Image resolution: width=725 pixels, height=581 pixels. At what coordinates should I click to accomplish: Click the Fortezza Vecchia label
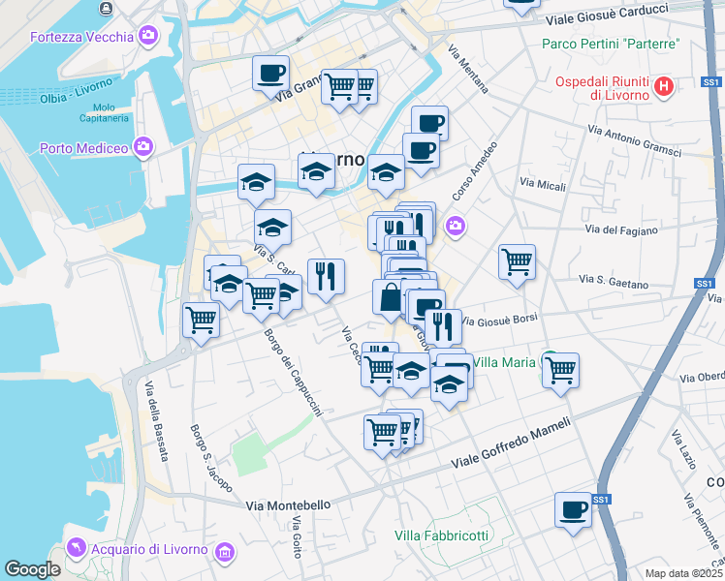pyautogui.click(x=81, y=38)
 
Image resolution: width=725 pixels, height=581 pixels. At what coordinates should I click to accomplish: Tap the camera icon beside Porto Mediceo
pyautogui.click(x=143, y=147)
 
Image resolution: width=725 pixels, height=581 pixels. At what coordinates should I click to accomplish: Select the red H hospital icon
pyautogui.click(x=663, y=87)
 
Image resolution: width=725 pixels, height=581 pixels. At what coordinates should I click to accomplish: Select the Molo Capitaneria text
pyautogui.click(x=111, y=112)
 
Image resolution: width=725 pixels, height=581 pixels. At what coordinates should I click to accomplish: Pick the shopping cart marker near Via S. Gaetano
pyautogui.click(x=517, y=260)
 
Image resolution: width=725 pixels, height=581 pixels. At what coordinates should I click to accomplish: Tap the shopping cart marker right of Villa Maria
pyautogui.click(x=561, y=369)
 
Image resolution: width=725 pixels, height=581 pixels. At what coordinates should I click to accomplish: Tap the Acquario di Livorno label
pyautogui.click(x=149, y=550)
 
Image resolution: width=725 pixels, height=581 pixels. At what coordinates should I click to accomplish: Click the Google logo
pyautogui.click(x=32, y=569)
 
